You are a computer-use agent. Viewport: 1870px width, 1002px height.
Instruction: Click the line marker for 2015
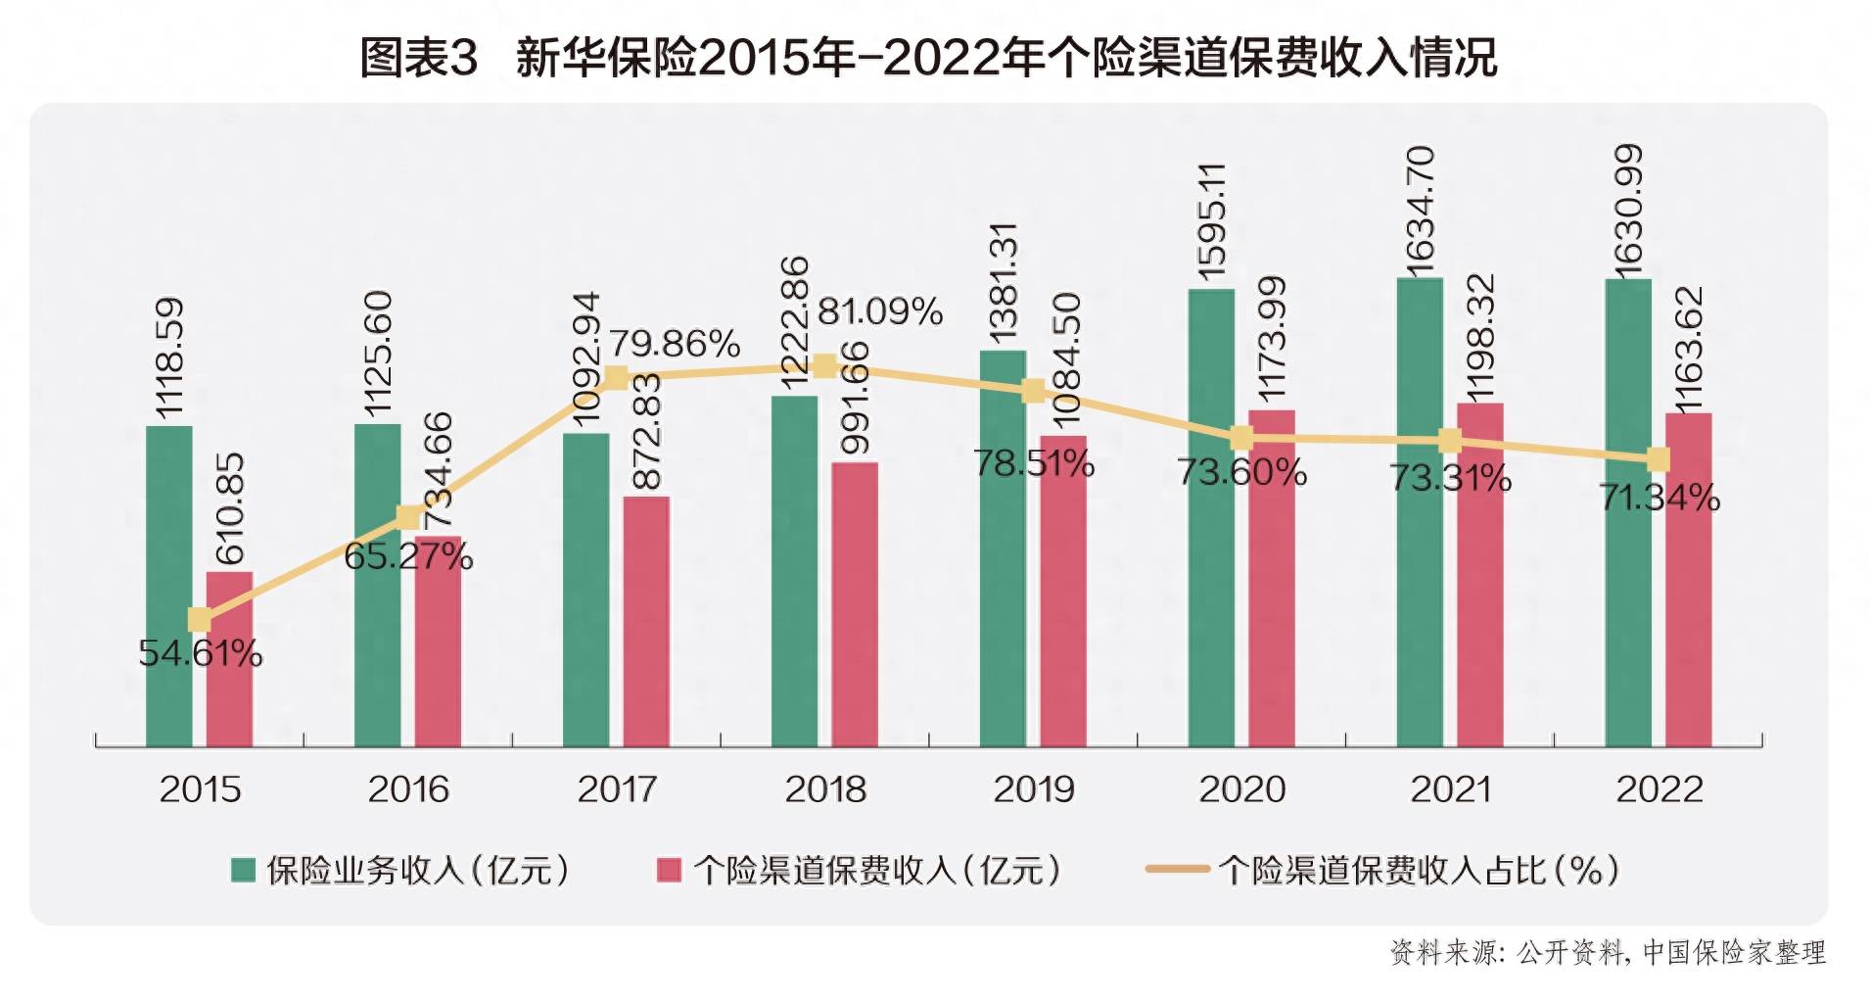199,619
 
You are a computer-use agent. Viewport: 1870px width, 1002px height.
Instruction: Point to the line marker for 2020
1240,438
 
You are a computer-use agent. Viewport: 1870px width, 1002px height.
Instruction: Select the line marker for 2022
1658,459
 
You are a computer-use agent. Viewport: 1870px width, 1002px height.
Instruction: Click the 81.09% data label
879,311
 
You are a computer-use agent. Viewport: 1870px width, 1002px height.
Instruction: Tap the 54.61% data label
201,653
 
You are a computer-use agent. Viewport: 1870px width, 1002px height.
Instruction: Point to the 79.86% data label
675,344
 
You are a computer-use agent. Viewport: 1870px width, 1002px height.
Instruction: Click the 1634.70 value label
1420,210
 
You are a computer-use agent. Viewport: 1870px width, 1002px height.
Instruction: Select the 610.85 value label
229,508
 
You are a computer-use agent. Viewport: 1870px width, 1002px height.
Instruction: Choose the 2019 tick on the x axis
1034,789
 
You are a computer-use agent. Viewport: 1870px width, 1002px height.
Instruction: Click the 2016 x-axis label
408,789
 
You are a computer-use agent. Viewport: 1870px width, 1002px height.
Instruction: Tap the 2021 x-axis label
1450,789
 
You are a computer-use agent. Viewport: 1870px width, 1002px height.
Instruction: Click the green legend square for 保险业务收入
243,870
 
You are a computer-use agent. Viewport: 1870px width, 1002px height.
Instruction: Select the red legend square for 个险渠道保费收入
669,870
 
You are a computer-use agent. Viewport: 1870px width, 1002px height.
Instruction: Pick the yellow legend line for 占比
1177,869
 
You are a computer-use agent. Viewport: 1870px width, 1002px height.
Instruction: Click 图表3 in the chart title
418,58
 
